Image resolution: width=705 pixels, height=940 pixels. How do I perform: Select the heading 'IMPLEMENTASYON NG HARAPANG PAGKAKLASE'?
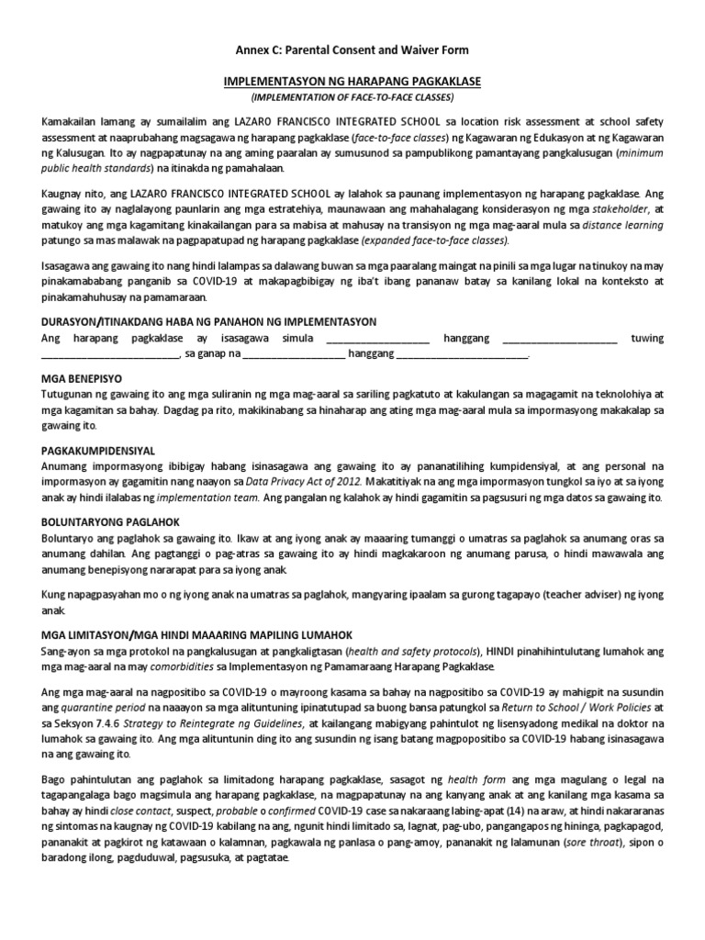click(352, 82)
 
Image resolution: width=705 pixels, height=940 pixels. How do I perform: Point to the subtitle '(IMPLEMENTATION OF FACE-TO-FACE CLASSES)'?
click(352, 96)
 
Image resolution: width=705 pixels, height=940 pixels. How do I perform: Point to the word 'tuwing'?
click(647, 339)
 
